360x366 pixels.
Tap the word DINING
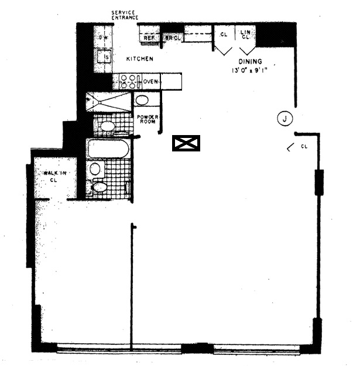[x=250, y=62]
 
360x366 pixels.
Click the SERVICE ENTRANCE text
[x=125, y=15]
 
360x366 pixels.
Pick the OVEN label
[x=150, y=81]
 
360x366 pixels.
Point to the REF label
[x=149, y=38]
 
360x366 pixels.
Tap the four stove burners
[x=128, y=81]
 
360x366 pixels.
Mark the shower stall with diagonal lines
[x=109, y=102]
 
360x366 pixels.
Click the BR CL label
[x=173, y=38]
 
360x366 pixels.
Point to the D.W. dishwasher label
[x=104, y=38]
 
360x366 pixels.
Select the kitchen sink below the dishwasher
[x=106, y=57]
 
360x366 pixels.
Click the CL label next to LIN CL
[x=223, y=34]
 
